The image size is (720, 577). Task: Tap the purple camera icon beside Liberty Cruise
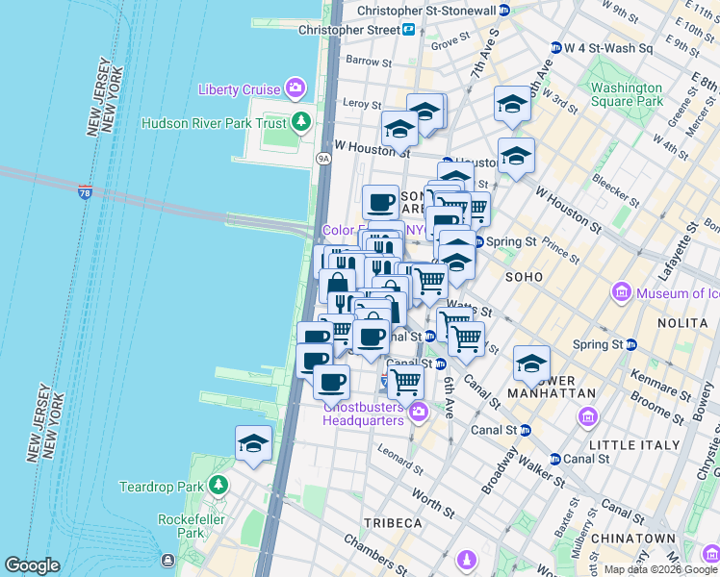[x=296, y=89]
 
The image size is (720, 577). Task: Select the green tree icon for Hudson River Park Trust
[x=301, y=121]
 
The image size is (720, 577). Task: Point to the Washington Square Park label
[x=627, y=94]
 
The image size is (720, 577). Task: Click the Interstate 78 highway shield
[x=86, y=192]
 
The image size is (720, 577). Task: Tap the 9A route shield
[x=324, y=159]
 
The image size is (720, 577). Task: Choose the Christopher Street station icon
[x=408, y=30]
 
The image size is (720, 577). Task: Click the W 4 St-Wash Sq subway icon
[x=555, y=48]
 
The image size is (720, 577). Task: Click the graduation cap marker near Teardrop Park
[x=253, y=443]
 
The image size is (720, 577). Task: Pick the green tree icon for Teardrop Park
[x=219, y=485]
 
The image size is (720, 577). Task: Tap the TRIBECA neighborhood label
[x=393, y=522]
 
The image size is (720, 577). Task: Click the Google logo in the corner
[x=32, y=565]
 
